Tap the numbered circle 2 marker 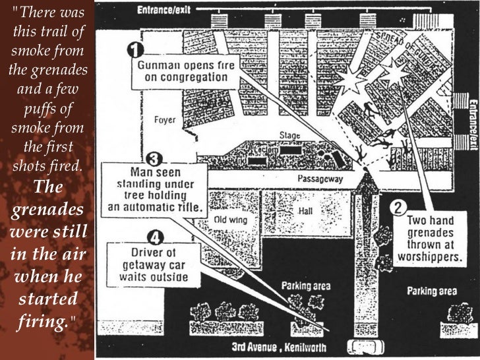click(398, 207)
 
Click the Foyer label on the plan click(164, 120)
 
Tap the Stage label click(289, 136)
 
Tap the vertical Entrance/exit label click(473, 122)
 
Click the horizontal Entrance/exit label click(164, 10)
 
